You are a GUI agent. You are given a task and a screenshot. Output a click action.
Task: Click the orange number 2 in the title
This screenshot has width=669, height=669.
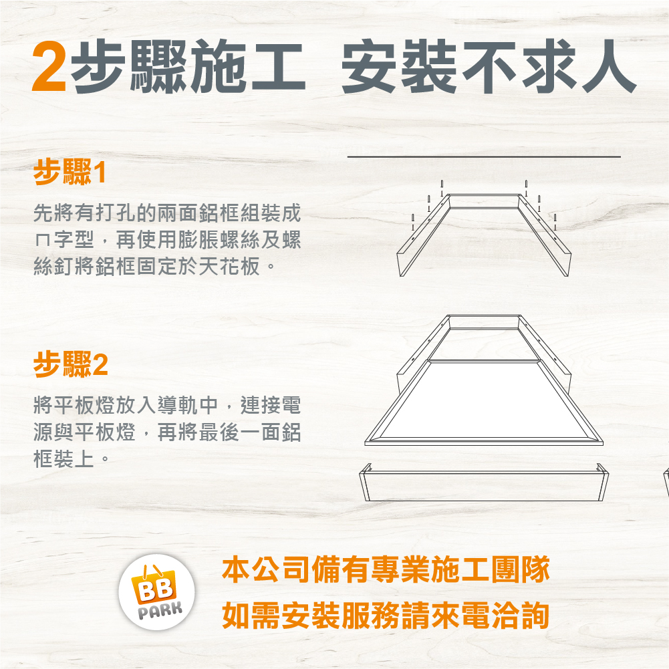click(49, 66)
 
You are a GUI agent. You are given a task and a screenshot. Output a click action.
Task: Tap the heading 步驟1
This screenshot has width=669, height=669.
click(70, 172)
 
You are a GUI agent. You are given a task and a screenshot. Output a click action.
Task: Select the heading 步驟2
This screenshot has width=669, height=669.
click(71, 364)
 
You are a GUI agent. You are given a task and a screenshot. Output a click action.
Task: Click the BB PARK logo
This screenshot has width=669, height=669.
click(156, 591)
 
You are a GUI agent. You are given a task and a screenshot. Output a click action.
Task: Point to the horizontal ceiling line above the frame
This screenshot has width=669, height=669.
click(484, 156)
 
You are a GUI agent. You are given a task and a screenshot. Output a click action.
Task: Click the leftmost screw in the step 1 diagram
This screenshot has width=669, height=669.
click(412, 222)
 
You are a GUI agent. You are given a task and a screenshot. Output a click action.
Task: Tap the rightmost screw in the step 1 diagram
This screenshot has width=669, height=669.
click(555, 222)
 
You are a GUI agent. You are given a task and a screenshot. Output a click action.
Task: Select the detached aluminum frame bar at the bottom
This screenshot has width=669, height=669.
click(484, 482)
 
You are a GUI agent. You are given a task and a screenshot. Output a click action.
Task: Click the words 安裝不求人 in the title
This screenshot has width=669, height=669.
click(489, 66)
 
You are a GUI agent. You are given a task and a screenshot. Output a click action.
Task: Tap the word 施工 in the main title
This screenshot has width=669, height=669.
click(247, 66)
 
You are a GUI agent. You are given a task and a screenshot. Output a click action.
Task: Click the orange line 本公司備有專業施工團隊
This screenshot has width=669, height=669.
click(386, 569)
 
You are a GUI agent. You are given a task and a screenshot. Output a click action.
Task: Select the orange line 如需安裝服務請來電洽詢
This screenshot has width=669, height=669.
click(386, 616)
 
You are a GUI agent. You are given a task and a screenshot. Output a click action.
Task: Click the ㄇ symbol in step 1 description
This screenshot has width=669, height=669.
click(43, 241)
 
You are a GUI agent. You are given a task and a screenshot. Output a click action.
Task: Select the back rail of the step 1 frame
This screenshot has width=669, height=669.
click(485, 201)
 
